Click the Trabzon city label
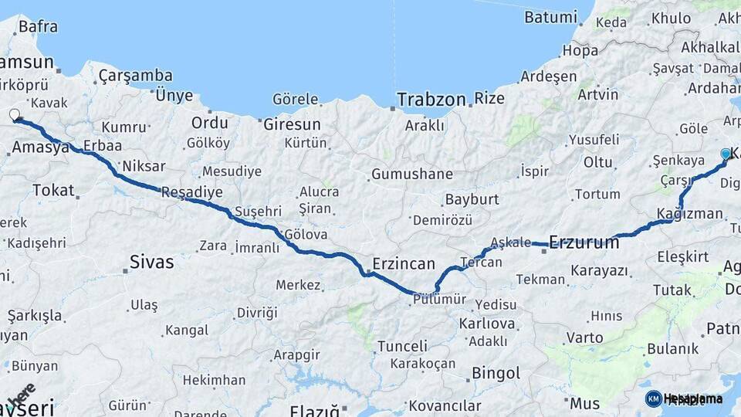click(431, 100)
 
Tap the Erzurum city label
click(584, 242)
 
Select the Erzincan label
click(404, 263)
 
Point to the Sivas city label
click(152, 263)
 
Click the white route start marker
click(15, 116)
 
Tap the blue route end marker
click(726, 154)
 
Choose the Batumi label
click(550, 17)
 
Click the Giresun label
click(292, 124)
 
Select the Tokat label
click(53, 190)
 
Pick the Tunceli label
click(402, 346)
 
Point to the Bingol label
click(496, 374)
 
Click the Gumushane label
click(412, 175)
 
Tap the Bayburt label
click(472, 199)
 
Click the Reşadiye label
click(191, 193)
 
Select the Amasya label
click(41, 147)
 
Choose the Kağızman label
click(690, 213)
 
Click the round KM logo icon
click(653, 398)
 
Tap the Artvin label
click(597, 94)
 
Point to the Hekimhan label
click(214, 380)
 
